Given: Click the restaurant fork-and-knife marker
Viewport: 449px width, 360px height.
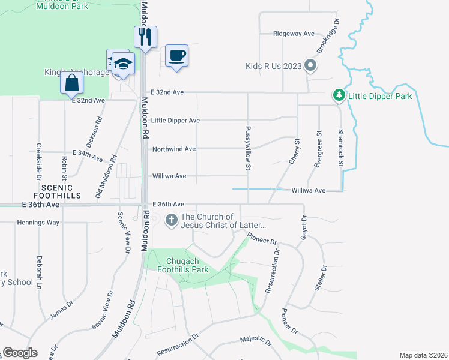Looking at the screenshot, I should click(x=145, y=38).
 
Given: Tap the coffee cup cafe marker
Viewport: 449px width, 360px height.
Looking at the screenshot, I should click(x=176, y=56).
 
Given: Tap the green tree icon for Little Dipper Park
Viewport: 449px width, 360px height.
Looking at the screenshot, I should click(x=339, y=95).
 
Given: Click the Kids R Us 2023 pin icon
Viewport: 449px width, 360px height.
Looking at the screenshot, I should click(x=310, y=66).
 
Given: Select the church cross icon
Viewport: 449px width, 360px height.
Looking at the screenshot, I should click(x=171, y=220).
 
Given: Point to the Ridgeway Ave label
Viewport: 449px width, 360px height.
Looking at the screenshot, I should click(x=294, y=34).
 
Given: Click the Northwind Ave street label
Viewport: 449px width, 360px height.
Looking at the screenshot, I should click(x=174, y=149).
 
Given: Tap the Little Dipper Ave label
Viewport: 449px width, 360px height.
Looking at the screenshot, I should click(x=175, y=121).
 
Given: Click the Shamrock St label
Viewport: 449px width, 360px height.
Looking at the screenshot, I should click(x=340, y=148).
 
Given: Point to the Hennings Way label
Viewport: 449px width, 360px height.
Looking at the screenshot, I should click(x=37, y=223).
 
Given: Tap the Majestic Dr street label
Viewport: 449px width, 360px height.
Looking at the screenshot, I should click(x=256, y=340).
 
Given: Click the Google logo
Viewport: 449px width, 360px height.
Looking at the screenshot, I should click(x=20, y=353).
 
